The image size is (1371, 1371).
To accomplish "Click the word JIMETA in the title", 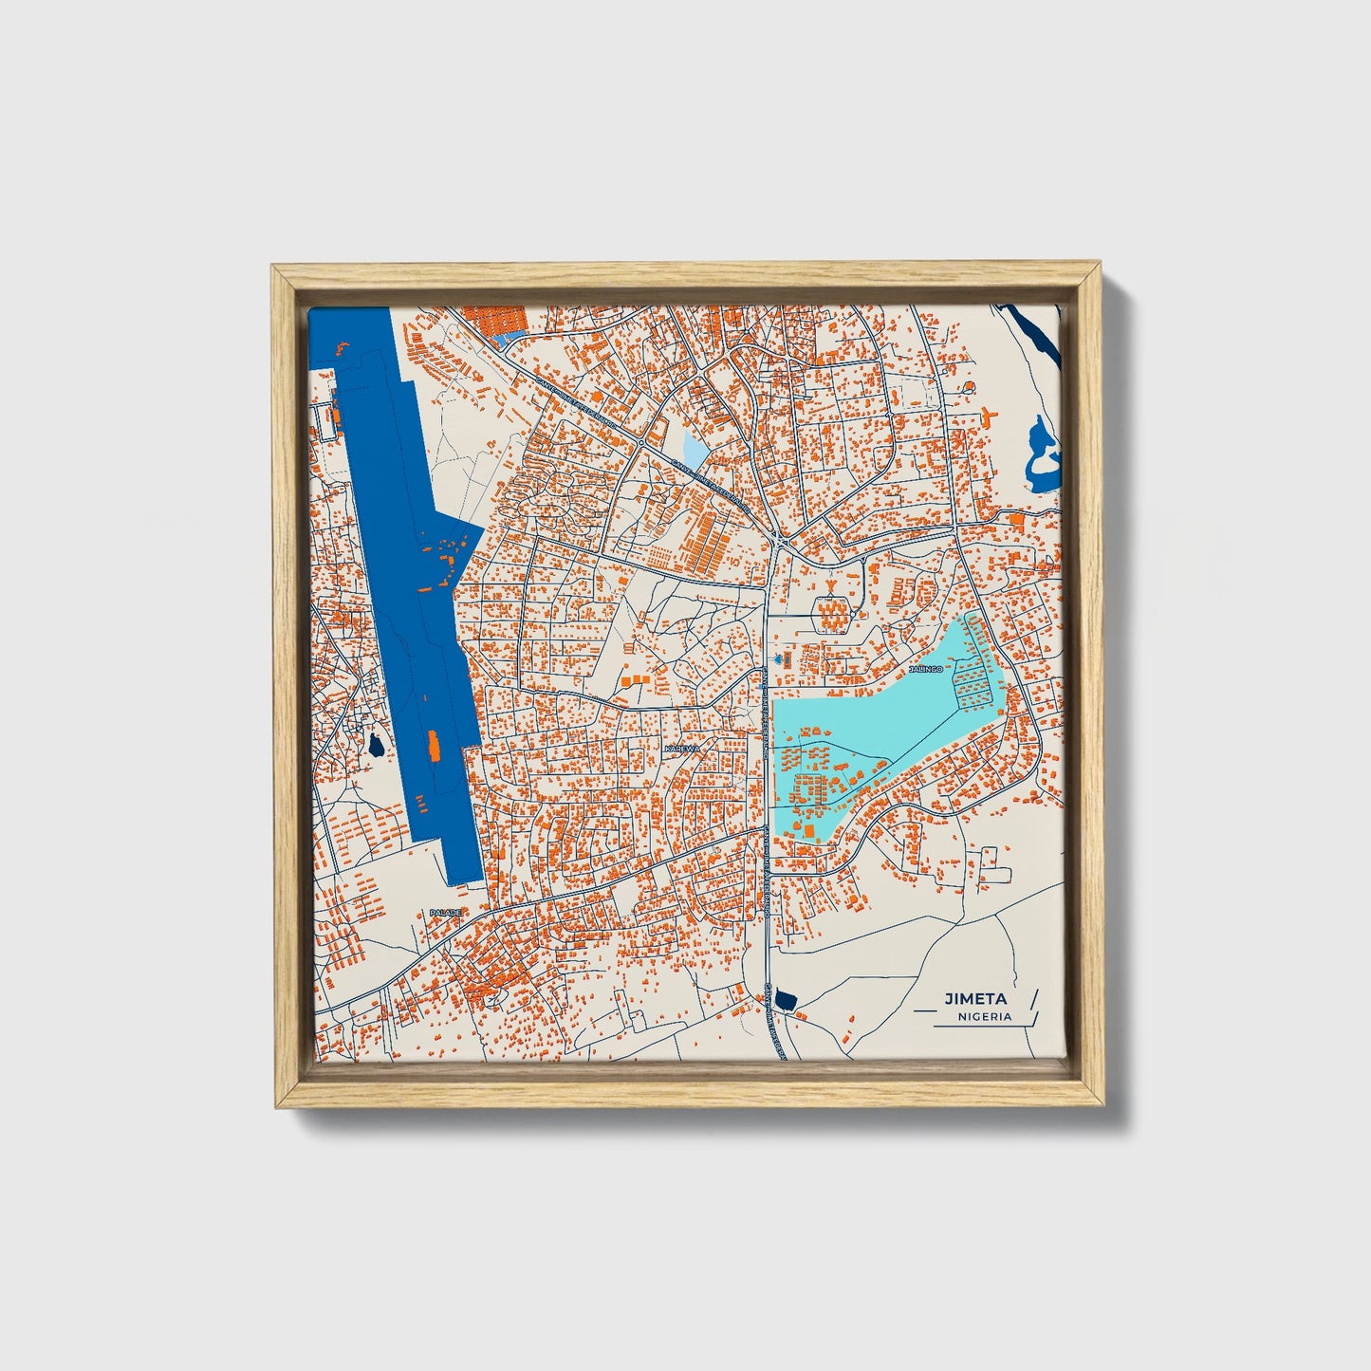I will pos(974,998).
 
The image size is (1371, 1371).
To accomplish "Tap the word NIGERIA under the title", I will pos(984,1016).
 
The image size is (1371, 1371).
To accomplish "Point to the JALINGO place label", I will pos(926,669).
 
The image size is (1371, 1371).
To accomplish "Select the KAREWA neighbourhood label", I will pos(682,749).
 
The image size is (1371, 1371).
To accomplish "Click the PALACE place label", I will pos(444,912).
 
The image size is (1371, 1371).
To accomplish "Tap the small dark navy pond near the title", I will pos(785,998).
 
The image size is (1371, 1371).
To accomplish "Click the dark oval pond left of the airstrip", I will pos(377,746).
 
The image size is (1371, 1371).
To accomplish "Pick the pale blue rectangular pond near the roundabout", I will pos(695,449).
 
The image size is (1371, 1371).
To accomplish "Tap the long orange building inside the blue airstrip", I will pos(434,747).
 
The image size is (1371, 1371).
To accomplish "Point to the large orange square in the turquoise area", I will pos(812,831).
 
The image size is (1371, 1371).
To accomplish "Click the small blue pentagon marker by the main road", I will pos(780,657).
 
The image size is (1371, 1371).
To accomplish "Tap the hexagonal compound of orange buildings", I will pos(833,617).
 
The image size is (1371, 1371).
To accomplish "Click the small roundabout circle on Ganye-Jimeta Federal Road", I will pos(642,442).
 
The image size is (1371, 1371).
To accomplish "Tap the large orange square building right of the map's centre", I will pos(1016,519).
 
